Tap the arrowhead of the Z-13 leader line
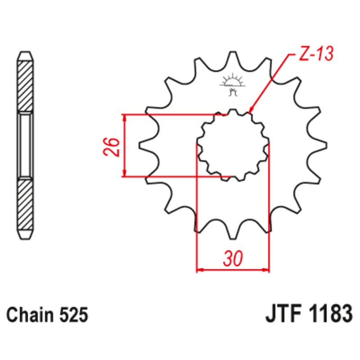(x=251, y=110)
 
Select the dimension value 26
(x=112, y=145)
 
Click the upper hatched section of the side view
(x=25, y=85)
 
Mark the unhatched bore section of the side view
(x=25, y=145)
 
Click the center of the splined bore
(x=233, y=145)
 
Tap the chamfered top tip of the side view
(x=25, y=53)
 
